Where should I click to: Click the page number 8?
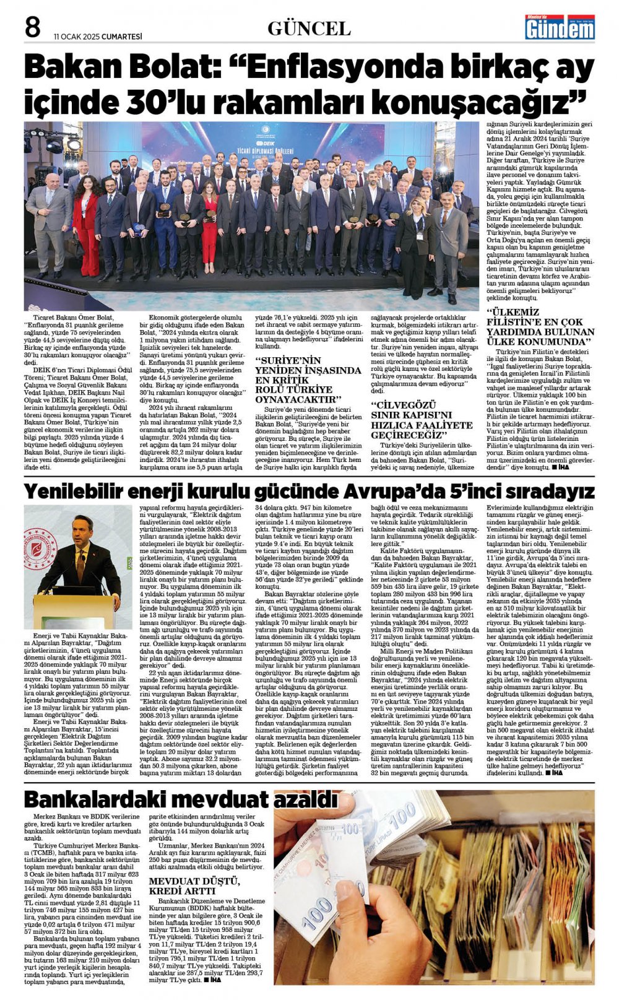[32, 27]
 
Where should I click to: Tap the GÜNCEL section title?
[309, 28]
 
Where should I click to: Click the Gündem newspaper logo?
[560, 27]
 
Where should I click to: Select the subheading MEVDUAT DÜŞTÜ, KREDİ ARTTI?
[186, 885]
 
